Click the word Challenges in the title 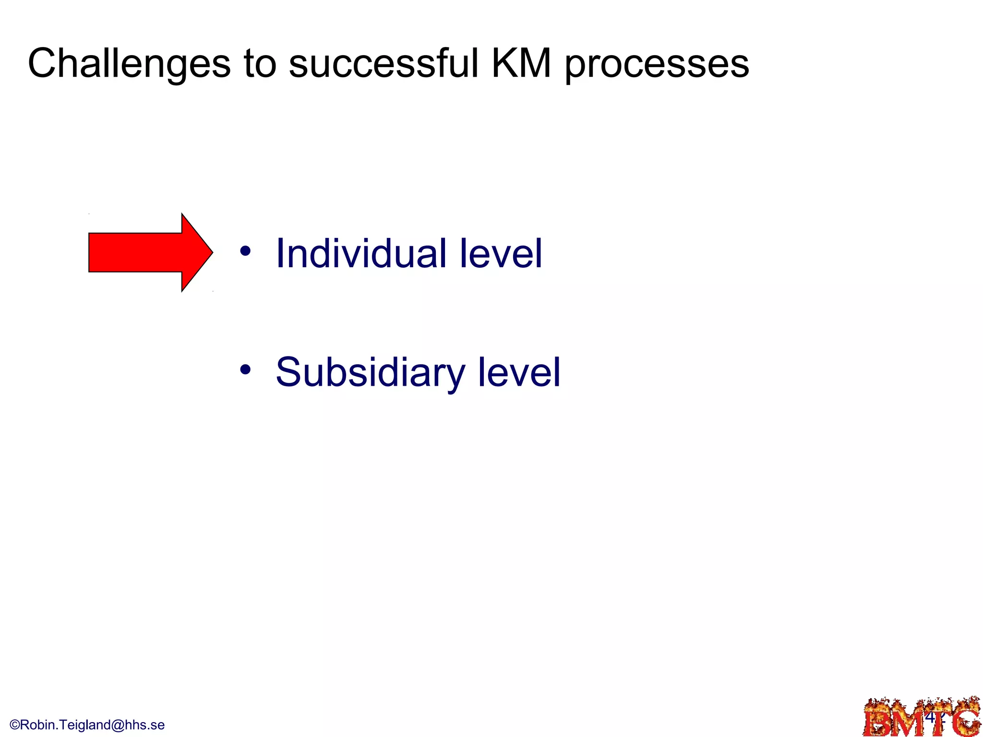point(129,64)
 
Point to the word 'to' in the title point(260,64)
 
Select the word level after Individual point(501,253)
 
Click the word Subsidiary point(370,373)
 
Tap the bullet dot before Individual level point(245,251)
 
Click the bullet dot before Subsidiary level point(245,369)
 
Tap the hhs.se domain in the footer point(144,725)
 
